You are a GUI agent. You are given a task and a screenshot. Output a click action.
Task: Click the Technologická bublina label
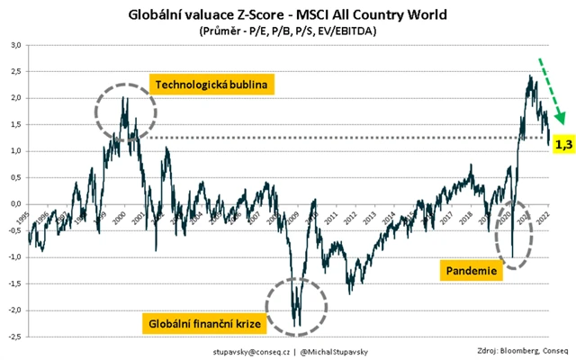pos(214,85)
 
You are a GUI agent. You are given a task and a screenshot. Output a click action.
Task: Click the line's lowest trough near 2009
pos(297,326)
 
